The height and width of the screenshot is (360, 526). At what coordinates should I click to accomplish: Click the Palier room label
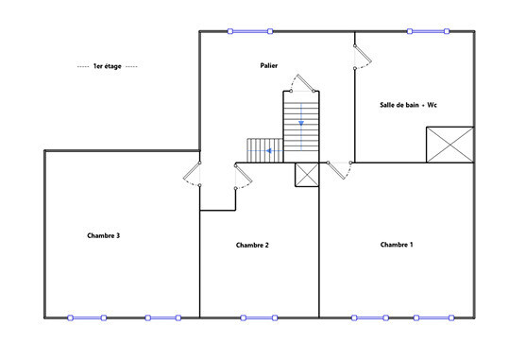tap(269, 65)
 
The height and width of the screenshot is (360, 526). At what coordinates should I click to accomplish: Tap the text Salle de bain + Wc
tap(408, 105)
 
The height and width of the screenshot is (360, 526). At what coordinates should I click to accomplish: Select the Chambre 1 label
tap(397, 245)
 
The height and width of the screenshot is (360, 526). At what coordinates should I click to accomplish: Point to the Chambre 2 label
tap(252, 245)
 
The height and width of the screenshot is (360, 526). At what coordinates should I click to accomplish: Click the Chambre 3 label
tap(103, 235)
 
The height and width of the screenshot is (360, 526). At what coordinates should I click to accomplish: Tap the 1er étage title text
tap(108, 66)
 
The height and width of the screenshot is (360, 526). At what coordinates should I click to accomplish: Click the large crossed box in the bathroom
tap(450, 145)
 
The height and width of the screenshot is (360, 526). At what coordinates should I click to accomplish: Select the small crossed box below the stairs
tap(307, 175)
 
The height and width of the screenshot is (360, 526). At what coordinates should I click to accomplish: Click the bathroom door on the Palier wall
tap(363, 57)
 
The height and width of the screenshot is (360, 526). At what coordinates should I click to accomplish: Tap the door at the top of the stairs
tap(302, 83)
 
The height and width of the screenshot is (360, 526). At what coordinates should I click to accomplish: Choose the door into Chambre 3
tap(193, 174)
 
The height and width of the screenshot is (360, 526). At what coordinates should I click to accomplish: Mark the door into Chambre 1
tap(340, 170)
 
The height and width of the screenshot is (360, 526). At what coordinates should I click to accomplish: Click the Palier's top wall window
tap(250, 31)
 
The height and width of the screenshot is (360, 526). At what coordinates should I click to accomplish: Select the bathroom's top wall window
tap(428, 31)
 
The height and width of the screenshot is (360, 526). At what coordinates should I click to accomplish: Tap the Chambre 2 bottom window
tap(259, 317)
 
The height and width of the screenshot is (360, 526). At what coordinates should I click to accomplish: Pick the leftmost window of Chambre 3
tap(87, 317)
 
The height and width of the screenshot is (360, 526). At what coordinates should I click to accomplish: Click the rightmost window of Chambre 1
tap(433, 317)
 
